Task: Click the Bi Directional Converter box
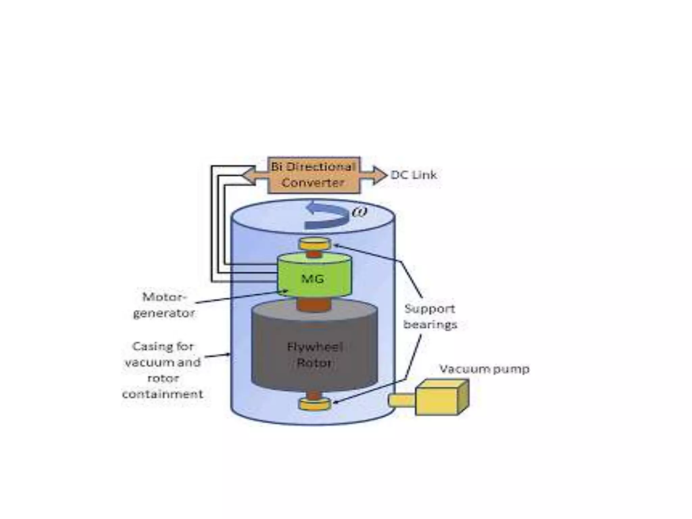click(x=314, y=175)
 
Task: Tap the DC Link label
click(x=414, y=175)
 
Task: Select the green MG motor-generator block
click(x=314, y=279)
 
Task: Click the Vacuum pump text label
click(x=484, y=369)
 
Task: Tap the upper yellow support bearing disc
click(x=314, y=243)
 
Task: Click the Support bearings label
click(x=430, y=317)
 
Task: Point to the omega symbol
click(x=359, y=212)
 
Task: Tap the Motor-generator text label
click(x=164, y=305)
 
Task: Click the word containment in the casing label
click(x=163, y=394)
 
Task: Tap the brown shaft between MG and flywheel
click(x=314, y=304)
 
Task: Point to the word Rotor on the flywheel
click(x=314, y=363)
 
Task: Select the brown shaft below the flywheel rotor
click(x=314, y=395)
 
